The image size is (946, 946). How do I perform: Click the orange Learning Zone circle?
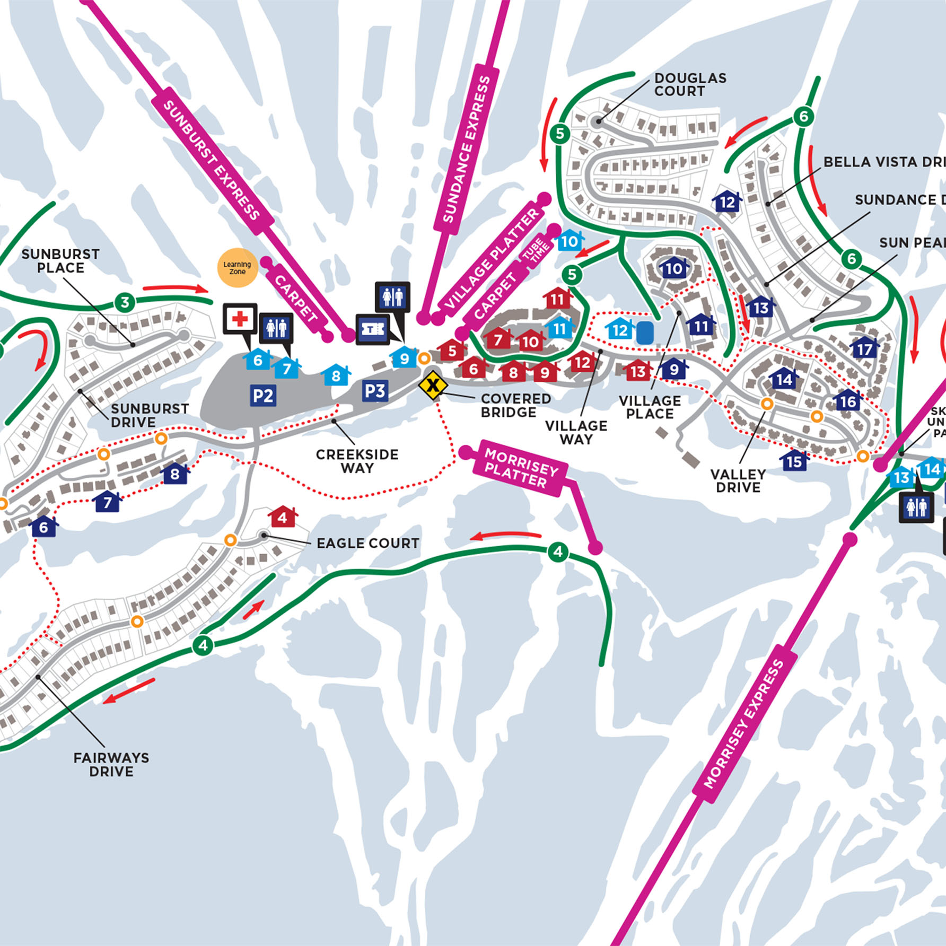[237, 268]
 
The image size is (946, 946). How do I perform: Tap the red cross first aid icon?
[240, 319]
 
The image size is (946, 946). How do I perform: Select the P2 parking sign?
[263, 396]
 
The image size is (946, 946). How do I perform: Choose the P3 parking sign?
[375, 391]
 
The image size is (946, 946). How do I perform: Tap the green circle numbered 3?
[125, 303]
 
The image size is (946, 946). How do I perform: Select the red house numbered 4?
[283, 516]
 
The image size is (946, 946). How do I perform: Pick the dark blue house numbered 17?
[864, 349]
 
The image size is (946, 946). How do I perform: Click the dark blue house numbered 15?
[794, 461]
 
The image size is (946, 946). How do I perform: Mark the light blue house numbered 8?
[336, 375]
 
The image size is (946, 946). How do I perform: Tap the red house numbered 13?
[638, 371]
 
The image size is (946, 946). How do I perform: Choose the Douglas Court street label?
[690, 84]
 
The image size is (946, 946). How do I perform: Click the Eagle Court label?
[367, 543]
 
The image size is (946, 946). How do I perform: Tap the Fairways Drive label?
[111, 765]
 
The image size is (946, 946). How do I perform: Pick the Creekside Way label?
[357, 461]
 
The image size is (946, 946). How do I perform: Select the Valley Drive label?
[738, 480]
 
